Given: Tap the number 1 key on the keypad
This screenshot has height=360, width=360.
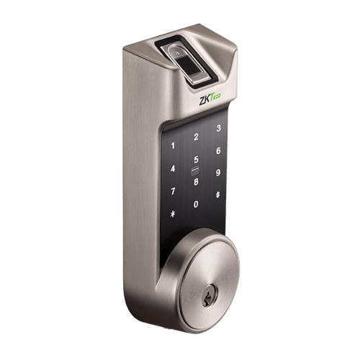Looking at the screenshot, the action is click(x=173, y=145).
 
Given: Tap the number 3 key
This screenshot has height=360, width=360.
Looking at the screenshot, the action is click(x=218, y=129).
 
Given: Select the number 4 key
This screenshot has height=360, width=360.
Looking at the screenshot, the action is click(x=173, y=168).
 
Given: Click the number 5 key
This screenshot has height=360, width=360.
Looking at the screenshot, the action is click(x=196, y=160).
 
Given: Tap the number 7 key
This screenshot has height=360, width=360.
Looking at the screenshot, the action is click(x=173, y=192).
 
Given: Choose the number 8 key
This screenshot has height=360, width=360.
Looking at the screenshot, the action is click(x=196, y=181).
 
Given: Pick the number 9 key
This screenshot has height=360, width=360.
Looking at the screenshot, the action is click(x=218, y=173).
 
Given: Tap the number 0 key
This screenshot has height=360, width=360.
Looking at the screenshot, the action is click(x=196, y=204).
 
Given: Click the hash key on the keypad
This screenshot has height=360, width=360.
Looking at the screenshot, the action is click(x=218, y=194).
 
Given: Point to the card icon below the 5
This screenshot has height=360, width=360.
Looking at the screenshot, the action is click(x=194, y=171).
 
